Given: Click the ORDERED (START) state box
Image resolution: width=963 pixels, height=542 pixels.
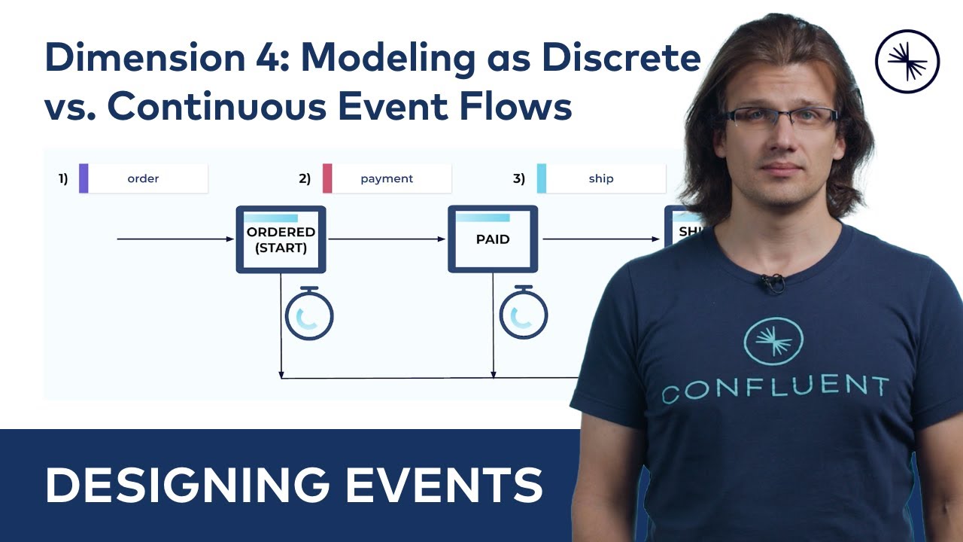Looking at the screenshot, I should point(281,239).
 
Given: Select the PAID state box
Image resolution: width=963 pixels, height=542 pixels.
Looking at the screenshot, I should point(493,239).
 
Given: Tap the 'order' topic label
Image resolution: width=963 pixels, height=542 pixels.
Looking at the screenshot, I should point(143,178).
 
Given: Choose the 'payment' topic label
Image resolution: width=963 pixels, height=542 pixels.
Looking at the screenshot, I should point(387,178).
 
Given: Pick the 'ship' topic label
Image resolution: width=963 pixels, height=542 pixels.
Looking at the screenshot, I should point(601,178).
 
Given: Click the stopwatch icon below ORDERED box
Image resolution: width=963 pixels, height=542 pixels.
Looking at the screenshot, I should point(309,314).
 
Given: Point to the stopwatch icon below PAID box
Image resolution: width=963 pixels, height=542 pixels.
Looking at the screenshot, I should point(524,314).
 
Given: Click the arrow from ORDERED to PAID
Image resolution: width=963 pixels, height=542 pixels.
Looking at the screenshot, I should point(387,239).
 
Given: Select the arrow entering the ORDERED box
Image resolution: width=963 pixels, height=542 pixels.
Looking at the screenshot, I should point(176,239).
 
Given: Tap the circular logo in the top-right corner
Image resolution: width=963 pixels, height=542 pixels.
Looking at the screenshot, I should point(907,62).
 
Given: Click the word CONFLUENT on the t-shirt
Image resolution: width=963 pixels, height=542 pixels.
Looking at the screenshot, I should point(775,388).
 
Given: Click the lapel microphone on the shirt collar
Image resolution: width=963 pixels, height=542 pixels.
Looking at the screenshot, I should point(773,283).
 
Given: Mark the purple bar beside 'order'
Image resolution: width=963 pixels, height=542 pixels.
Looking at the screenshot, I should point(84,178).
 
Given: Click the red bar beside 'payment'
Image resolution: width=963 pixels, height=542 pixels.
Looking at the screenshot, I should point(327,178).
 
